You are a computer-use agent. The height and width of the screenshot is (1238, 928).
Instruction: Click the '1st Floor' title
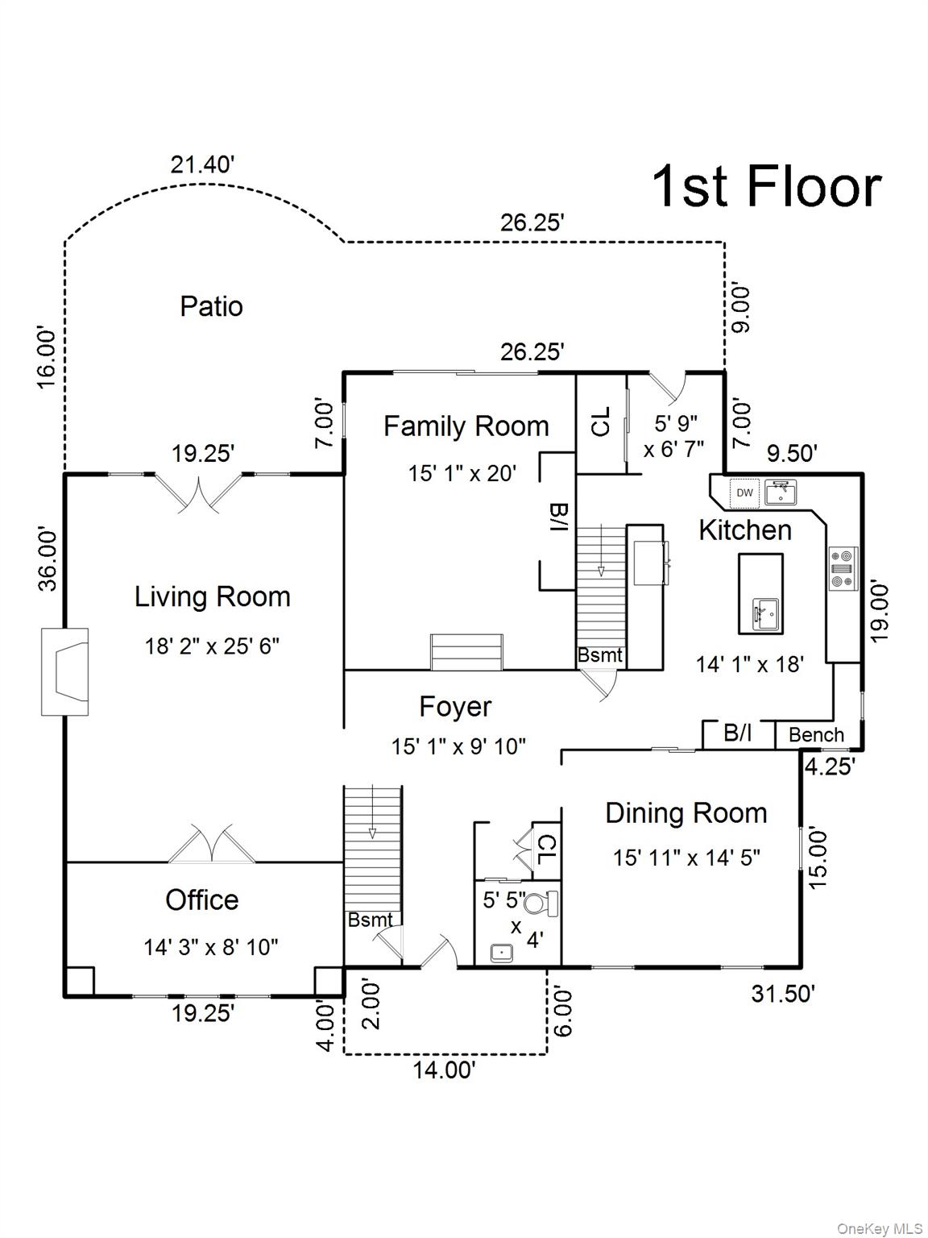pyautogui.click(x=765, y=187)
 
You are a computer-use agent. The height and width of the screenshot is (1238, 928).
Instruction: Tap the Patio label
pyautogui.click(x=211, y=306)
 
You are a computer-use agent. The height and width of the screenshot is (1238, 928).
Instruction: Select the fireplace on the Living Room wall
pyautogui.click(x=65, y=671)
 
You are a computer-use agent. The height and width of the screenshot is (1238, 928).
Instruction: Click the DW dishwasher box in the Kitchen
pyautogui.click(x=744, y=492)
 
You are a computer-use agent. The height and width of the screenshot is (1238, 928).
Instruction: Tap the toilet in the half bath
pyautogui.click(x=549, y=903)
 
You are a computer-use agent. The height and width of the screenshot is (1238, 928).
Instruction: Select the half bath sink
pyautogui.click(x=502, y=952)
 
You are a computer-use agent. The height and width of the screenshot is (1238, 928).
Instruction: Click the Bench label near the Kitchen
pyautogui.click(x=816, y=735)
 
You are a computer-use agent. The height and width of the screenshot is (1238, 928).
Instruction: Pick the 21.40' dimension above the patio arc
pyautogui.click(x=202, y=164)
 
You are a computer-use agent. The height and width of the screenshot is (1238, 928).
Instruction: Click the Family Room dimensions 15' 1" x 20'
pyautogui.click(x=462, y=473)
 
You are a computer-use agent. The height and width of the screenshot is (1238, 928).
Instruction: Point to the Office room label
pyautogui.click(x=201, y=899)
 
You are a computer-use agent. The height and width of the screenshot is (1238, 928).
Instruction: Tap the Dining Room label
pyautogui.click(x=686, y=813)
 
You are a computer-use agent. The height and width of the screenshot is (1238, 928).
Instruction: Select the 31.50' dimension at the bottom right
pyautogui.click(x=783, y=994)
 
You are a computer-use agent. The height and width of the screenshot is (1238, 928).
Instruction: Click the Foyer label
pyautogui.click(x=455, y=707)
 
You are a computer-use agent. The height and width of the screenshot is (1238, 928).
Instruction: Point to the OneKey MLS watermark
pyautogui.click(x=880, y=1228)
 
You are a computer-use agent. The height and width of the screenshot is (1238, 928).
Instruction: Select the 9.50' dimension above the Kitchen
pyautogui.click(x=792, y=454)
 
